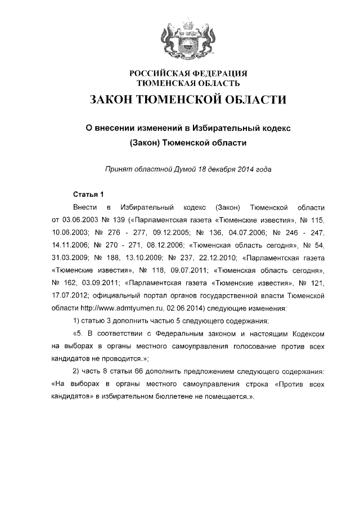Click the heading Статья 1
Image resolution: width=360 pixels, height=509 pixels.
[x=89, y=195]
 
